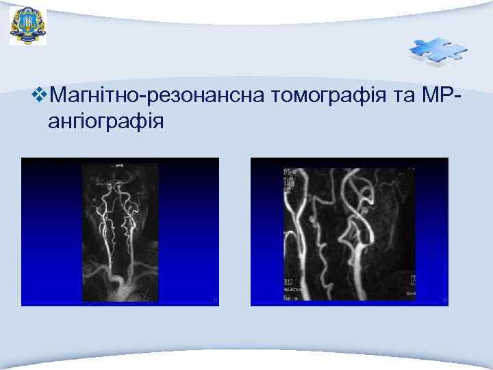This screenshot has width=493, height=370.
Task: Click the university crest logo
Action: pos(27,26)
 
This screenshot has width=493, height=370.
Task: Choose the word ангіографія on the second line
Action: pos(106,122)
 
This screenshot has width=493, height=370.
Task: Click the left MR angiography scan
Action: pos(120,232)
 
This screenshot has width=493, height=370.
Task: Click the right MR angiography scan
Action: pos(349,232)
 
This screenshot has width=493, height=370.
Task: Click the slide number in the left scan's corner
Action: pos(215,299)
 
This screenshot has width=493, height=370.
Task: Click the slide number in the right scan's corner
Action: pos(444,299)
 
